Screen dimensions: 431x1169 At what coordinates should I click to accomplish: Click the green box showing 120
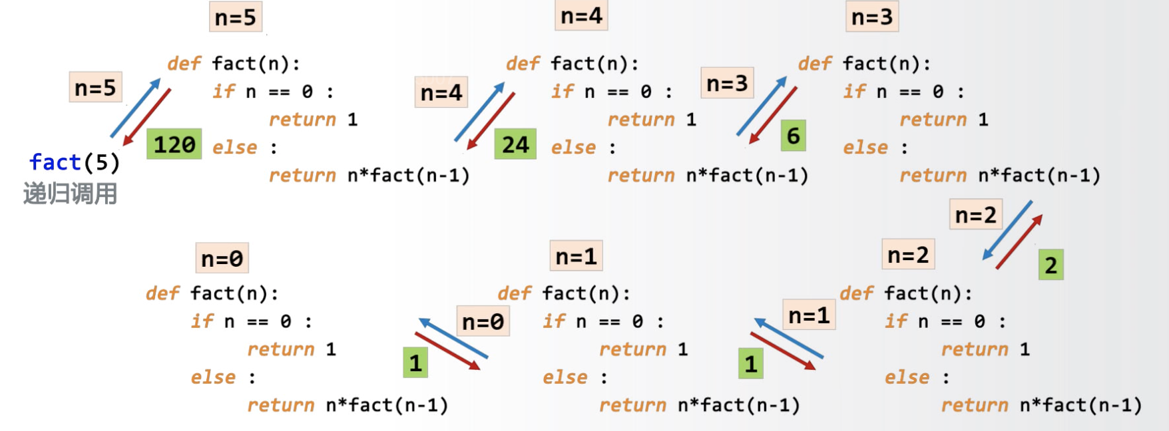tap(174, 144)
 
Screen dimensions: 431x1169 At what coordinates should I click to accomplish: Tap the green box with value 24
tap(515, 144)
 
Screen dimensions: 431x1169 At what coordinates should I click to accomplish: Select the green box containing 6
tap(793, 136)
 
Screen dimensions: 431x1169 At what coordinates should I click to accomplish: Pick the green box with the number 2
tap(1051, 265)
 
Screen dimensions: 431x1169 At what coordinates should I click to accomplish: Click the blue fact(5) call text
tap(74, 162)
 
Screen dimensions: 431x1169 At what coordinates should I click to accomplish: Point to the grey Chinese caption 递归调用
tap(70, 194)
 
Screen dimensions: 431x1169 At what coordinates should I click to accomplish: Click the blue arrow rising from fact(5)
tap(136, 108)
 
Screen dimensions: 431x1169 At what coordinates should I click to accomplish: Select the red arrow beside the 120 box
tap(148, 117)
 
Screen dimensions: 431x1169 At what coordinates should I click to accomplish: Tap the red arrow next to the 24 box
tap(491, 120)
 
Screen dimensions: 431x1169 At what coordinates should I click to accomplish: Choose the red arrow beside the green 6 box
tap(773, 115)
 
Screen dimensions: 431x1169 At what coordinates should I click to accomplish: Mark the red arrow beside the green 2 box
tap(1019, 242)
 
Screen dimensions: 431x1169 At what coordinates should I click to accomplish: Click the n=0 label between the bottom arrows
tap(483, 322)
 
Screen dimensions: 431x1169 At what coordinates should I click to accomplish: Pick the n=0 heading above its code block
tap(222, 258)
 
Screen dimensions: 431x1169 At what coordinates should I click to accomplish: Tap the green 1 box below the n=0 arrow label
tap(415, 363)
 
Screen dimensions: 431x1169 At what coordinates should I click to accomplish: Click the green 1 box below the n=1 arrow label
tap(751, 364)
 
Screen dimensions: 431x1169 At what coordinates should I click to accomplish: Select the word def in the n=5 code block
tap(184, 64)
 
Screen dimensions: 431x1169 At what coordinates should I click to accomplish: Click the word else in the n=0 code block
tap(213, 378)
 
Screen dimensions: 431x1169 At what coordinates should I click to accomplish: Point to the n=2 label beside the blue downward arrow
tap(975, 215)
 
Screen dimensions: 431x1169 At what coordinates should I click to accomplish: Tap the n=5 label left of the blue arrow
tap(95, 87)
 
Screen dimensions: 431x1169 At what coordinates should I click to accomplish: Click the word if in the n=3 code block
tap(854, 92)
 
